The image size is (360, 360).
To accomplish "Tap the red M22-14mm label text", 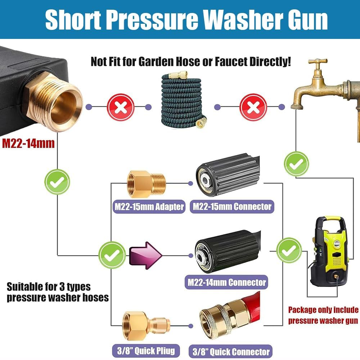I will pyautogui.click(x=28, y=143).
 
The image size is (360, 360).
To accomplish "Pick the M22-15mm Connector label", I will pyautogui.click(x=232, y=207).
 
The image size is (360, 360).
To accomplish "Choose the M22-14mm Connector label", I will pyautogui.click(x=227, y=282).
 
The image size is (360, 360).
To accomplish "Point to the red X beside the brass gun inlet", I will pyautogui.click(x=120, y=107).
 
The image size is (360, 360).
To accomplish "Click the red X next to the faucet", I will pyautogui.click(x=253, y=107).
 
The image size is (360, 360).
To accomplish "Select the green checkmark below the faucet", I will pyautogui.click(x=296, y=164).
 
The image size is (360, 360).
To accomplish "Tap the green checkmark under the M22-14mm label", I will pyautogui.click(x=57, y=182).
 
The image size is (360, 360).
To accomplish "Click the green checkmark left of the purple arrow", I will pyautogui.click(x=112, y=255).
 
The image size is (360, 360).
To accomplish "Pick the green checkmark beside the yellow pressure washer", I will pyautogui.click(x=289, y=250).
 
